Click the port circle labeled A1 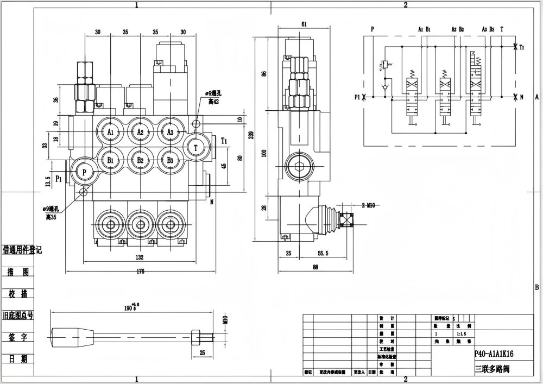(x=111, y=132)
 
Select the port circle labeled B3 (x=170, y=160)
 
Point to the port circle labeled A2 (x=140, y=132)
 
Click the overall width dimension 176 (x=141, y=272)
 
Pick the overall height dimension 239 (x=250, y=136)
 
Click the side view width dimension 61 (x=304, y=24)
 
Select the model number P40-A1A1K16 (x=494, y=354)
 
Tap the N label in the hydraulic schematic (x=521, y=97)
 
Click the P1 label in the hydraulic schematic (x=357, y=97)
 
